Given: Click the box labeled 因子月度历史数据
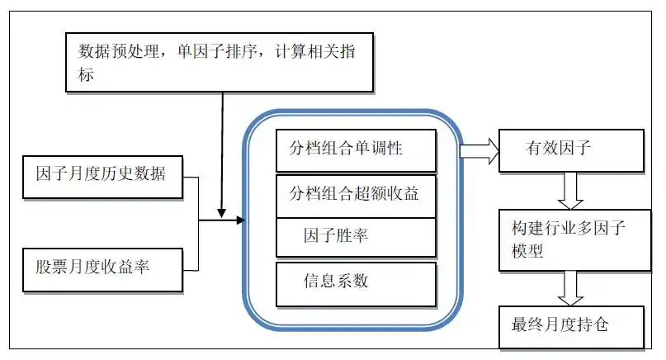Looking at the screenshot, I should [x=102, y=175].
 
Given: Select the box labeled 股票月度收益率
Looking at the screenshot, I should [x=102, y=269].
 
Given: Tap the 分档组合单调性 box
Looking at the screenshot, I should [x=356, y=149].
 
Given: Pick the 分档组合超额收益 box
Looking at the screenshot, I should [x=356, y=195].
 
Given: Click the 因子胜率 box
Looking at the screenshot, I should [x=356, y=237].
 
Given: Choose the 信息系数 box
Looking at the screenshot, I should [x=356, y=282].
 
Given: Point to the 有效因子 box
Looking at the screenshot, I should [x=570, y=149].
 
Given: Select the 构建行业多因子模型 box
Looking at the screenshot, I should [x=570, y=240].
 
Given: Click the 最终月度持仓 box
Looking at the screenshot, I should [x=570, y=325].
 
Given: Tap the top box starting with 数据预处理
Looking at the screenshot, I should [x=219, y=61].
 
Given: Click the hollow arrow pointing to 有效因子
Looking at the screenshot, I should [x=479, y=149].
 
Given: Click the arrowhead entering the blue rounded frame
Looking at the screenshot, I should [x=240, y=220].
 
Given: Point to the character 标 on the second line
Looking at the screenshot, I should [x=87, y=74].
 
